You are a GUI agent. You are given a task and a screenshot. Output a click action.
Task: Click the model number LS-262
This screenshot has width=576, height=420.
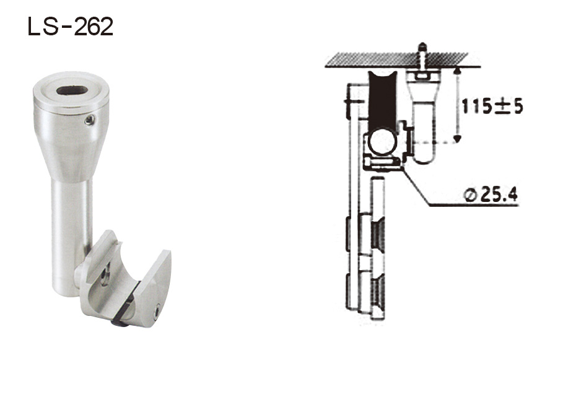pos(70,27)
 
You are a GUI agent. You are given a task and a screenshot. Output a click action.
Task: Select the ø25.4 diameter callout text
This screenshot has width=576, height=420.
pos(490,196)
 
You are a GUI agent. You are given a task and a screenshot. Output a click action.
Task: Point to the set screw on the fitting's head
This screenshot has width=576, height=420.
pos(91,119)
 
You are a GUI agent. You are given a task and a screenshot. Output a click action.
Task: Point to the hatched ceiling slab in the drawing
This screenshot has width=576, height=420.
pos(403,59)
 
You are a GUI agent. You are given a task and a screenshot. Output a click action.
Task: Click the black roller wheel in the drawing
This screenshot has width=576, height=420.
pos(378,99)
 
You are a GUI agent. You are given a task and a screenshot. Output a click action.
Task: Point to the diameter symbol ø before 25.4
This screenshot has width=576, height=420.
pos(469,196)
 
